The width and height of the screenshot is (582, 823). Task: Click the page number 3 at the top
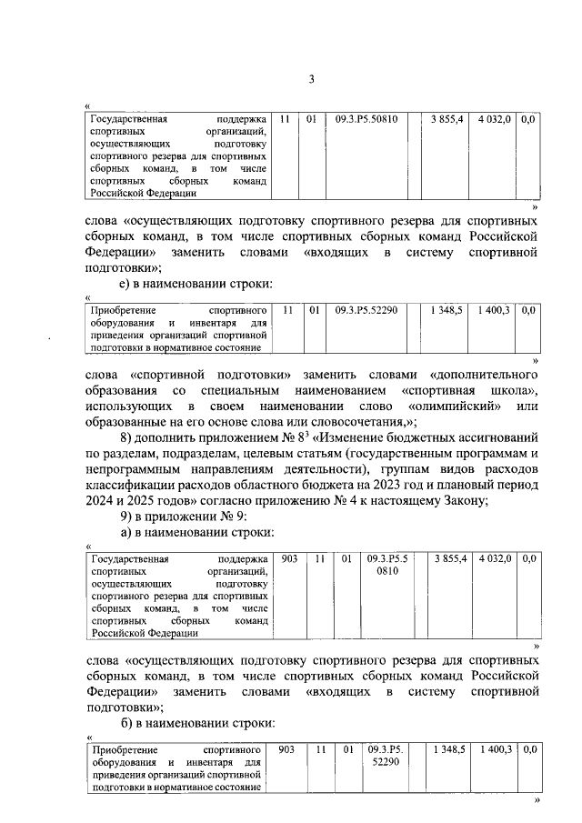pos(310,80)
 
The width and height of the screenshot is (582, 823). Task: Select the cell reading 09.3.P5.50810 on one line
pos(366,120)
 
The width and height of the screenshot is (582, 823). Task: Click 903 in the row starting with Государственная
pos(288,557)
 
